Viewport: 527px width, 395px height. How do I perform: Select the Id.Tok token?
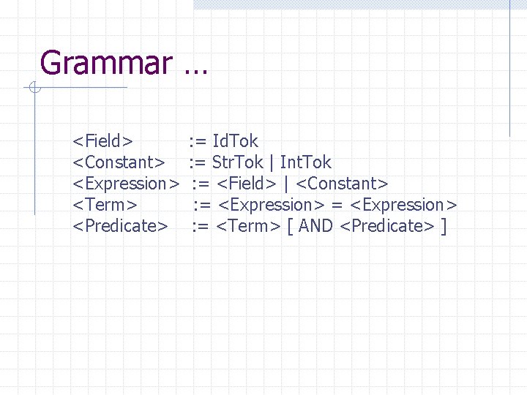click(235, 141)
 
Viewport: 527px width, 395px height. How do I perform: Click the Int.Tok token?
click(306, 162)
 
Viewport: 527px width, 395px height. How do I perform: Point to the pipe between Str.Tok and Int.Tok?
click(272, 162)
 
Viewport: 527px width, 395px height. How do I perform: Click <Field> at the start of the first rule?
click(102, 141)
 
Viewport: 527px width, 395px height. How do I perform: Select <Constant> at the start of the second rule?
click(118, 162)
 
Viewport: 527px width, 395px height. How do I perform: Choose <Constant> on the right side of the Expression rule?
click(342, 184)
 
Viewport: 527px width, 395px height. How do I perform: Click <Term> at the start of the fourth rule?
click(105, 205)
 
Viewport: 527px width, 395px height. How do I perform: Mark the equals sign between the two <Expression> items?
click(337, 205)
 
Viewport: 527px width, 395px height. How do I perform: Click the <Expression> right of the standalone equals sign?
click(405, 205)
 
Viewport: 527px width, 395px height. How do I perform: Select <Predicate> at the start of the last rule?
click(120, 226)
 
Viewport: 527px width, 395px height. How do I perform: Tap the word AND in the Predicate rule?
click(316, 226)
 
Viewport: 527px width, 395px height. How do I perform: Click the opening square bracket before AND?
click(291, 226)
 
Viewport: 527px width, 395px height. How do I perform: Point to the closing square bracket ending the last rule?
click(444, 226)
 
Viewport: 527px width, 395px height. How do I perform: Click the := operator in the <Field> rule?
click(198, 141)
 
